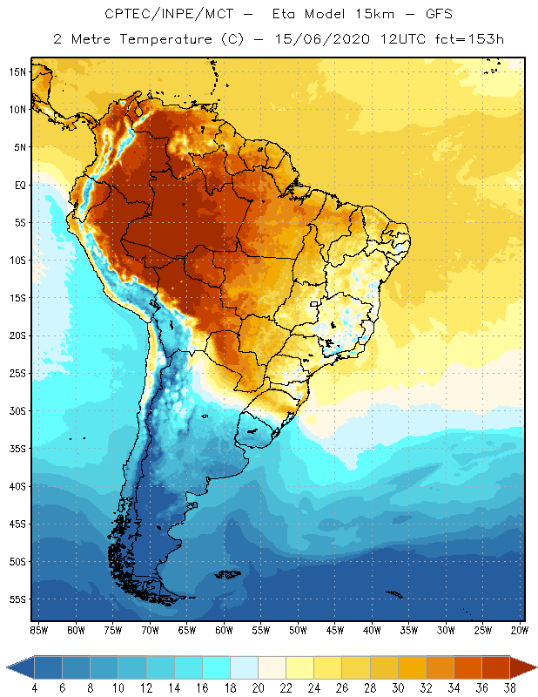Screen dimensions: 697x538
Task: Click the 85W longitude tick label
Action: pos(38,629)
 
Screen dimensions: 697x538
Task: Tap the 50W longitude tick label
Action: pos(298,629)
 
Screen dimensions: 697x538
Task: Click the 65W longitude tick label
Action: pos(186,629)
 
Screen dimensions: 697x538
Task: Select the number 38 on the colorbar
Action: pos(509,688)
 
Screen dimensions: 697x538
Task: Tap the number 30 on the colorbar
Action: pos(398,688)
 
